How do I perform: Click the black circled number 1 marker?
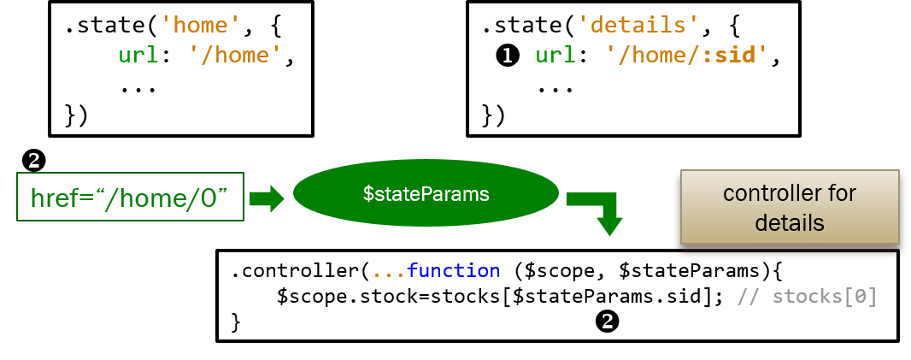pyautogui.click(x=508, y=56)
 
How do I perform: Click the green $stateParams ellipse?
pyautogui.click(x=426, y=194)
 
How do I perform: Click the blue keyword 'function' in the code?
pyautogui.click(x=453, y=271)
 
